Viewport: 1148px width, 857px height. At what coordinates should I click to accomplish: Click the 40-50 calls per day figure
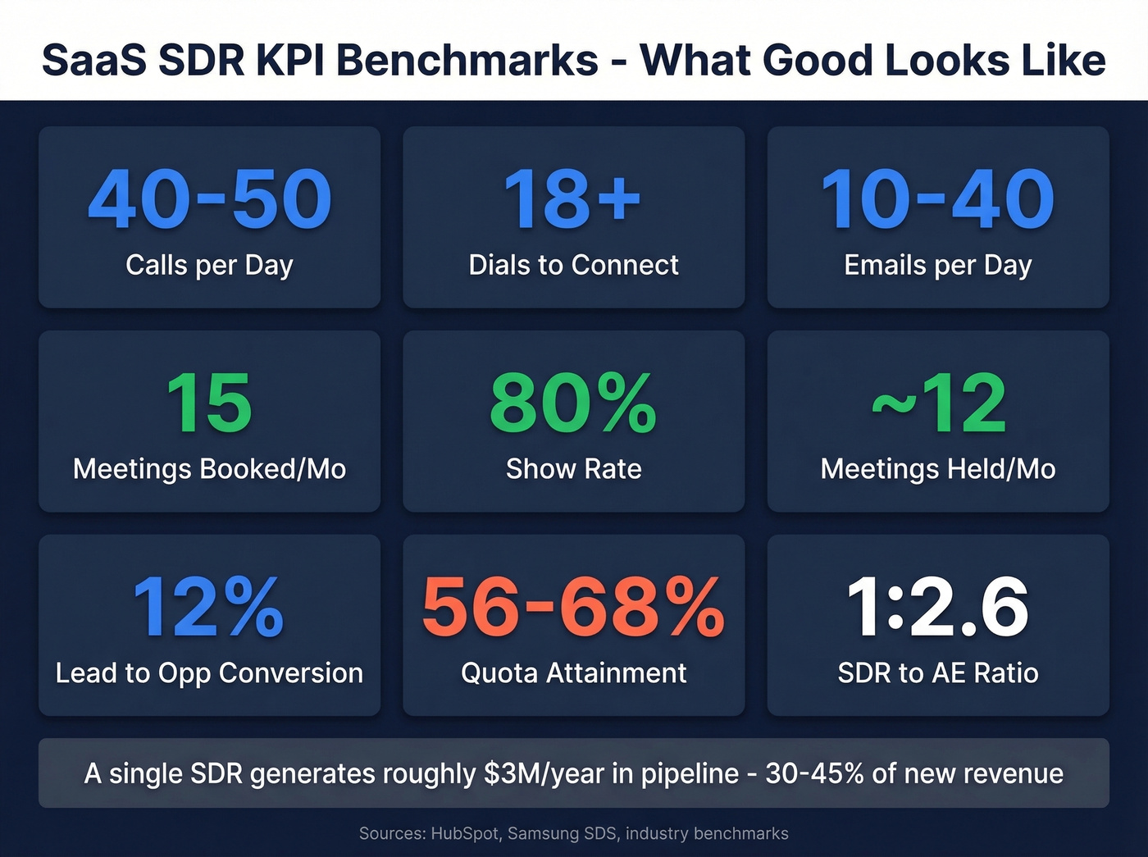(210, 199)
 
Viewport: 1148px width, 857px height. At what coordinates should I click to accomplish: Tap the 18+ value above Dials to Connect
(572, 199)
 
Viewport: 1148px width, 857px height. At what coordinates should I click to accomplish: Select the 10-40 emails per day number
(937, 199)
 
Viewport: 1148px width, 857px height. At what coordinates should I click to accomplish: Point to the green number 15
(209, 403)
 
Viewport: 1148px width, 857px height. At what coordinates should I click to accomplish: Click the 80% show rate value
(573, 403)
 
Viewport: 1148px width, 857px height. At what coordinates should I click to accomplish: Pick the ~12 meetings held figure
(938, 403)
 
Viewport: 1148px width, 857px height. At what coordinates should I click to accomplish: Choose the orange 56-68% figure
(573, 607)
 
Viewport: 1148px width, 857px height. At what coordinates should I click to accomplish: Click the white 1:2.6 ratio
(937, 607)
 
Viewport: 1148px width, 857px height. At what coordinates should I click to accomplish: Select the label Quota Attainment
(573, 673)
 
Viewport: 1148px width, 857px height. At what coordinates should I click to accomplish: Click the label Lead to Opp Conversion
(209, 673)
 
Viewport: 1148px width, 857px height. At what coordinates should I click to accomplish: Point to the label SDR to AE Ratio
(937, 673)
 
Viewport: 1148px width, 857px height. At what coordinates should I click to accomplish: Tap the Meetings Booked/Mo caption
(209, 469)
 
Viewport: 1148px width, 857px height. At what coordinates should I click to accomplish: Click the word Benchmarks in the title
(467, 61)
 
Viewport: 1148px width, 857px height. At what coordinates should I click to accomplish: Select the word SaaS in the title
(91, 61)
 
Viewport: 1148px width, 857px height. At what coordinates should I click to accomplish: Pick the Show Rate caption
(573, 469)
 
